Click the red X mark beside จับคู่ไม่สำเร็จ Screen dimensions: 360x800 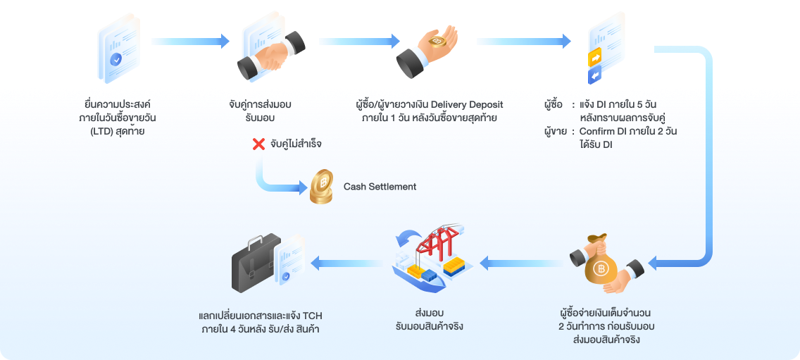pos(258,144)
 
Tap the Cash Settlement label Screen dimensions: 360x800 pos(380,187)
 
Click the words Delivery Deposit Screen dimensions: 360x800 pos(463,104)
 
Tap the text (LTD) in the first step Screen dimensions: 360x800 pos(95,131)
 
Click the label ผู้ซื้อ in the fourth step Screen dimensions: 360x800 pos(554,104)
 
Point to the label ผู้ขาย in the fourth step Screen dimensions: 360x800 pos(555,132)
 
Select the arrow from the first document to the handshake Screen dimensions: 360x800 pos(190,42)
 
